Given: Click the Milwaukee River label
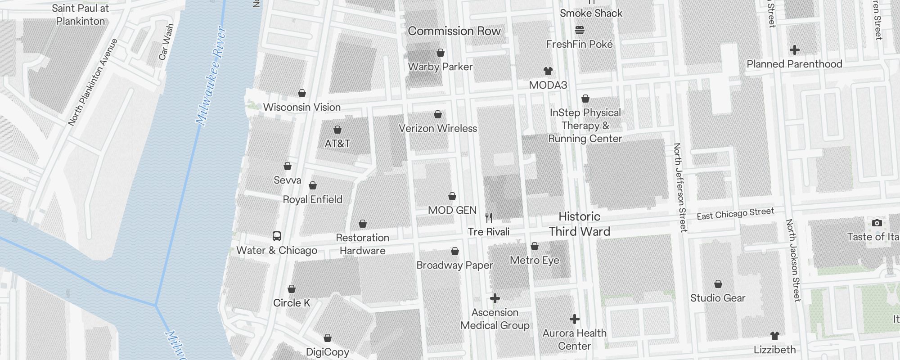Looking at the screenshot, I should tap(211, 76).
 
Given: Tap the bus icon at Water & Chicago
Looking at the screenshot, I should tap(277, 236).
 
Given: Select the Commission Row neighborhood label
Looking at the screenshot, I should tap(454, 31).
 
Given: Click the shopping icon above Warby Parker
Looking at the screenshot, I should tap(441, 53).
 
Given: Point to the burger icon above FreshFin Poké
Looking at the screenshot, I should tap(580, 30).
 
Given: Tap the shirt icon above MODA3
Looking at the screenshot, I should tap(548, 71).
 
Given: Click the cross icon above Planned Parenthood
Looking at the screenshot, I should tap(794, 49).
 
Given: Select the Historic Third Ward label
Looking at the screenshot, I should tap(580, 224).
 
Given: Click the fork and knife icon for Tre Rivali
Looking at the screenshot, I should tap(489, 218).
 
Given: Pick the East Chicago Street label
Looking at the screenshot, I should tap(735, 214).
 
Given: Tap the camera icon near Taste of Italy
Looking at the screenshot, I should tap(877, 223).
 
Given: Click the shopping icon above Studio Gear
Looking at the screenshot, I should tap(718, 284).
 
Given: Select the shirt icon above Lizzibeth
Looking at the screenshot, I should tap(775, 335).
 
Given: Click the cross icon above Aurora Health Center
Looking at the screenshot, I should tap(574, 319).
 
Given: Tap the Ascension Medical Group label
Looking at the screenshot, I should tap(495, 319).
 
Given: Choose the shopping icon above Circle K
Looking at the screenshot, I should tap(292, 289).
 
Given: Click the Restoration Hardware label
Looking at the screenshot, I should tap(363, 244).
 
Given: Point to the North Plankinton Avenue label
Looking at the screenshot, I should tap(93, 82).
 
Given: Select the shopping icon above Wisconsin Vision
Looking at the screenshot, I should tap(302, 93).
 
